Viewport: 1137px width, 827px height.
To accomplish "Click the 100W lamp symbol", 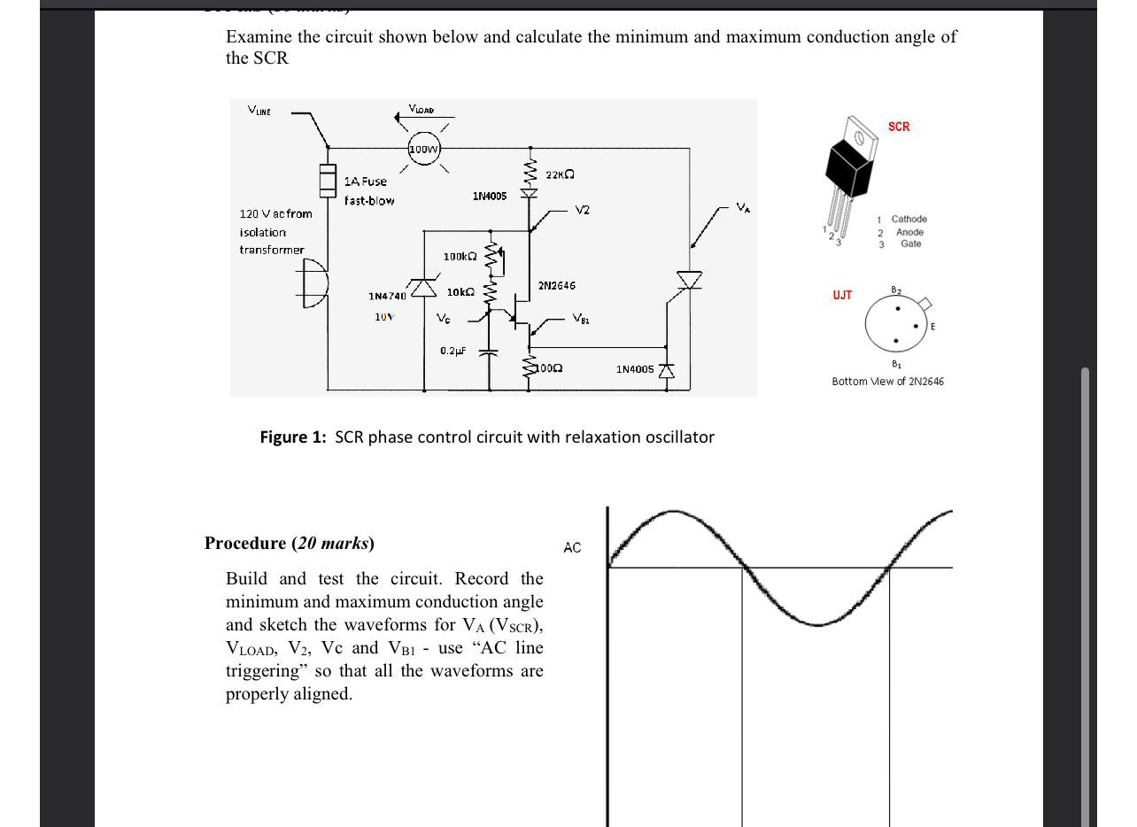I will (x=424, y=149).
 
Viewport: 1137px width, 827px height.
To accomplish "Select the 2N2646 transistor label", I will (x=556, y=286).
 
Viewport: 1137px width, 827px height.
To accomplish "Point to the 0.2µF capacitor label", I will (x=452, y=351).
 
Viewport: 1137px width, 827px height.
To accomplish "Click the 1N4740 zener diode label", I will (x=387, y=296).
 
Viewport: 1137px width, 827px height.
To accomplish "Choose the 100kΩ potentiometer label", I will (x=460, y=257).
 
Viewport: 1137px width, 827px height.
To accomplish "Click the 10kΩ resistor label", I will (x=460, y=291).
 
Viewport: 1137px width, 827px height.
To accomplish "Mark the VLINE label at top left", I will (x=259, y=112).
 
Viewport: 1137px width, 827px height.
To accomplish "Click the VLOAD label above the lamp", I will (x=421, y=109).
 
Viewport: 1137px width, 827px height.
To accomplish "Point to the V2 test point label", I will (x=582, y=211).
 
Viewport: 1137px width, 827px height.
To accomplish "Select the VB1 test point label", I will (x=580, y=318).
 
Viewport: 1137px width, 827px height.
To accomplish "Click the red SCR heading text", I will (x=899, y=127).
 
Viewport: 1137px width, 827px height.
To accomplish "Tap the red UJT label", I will (x=842, y=295).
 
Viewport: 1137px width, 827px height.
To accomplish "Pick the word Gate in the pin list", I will (x=910, y=243).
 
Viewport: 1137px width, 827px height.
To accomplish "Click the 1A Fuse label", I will (x=366, y=182).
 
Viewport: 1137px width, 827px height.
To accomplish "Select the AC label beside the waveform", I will (x=572, y=548).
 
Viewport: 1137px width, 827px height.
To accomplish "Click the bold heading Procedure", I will (x=245, y=544).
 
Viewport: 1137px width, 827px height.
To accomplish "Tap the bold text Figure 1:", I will (x=293, y=437).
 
